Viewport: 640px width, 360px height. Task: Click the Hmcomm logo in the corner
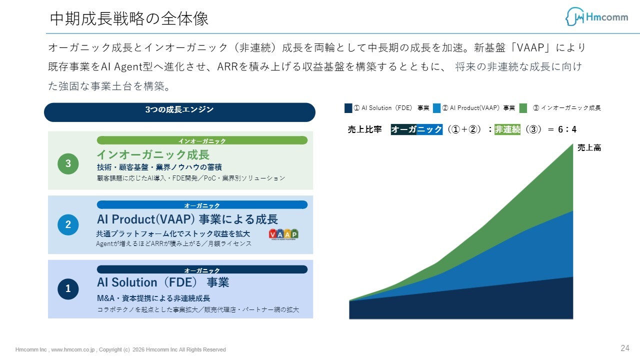click(x=596, y=16)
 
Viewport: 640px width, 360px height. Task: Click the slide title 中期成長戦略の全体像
click(x=129, y=19)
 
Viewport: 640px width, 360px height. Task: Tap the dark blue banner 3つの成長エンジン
click(x=179, y=112)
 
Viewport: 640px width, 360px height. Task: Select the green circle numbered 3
click(x=68, y=163)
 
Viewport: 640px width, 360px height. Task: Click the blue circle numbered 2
click(x=68, y=224)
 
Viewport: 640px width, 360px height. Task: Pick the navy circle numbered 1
click(x=68, y=289)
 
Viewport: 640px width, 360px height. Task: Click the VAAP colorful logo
click(x=283, y=234)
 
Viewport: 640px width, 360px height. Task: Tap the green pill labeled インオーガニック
click(x=202, y=140)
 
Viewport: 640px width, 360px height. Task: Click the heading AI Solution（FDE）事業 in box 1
click(x=163, y=282)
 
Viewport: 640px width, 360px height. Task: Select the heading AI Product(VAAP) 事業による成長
click(x=187, y=219)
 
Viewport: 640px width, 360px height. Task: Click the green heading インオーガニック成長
click(x=153, y=154)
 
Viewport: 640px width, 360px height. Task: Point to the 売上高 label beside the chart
click(x=589, y=147)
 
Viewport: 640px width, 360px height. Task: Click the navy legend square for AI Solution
click(x=348, y=108)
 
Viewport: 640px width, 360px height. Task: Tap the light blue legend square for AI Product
click(x=436, y=108)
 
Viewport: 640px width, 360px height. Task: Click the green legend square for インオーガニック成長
click(x=523, y=108)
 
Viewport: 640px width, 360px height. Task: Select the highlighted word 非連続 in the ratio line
click(x=507, y=129)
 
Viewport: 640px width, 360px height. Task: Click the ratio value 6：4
click(x=567, y=129)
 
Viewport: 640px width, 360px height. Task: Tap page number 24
click(x=625, y=348)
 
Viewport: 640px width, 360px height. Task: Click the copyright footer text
click(x=120, y=349)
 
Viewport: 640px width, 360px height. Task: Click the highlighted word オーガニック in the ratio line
click(x=416, y=129)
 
